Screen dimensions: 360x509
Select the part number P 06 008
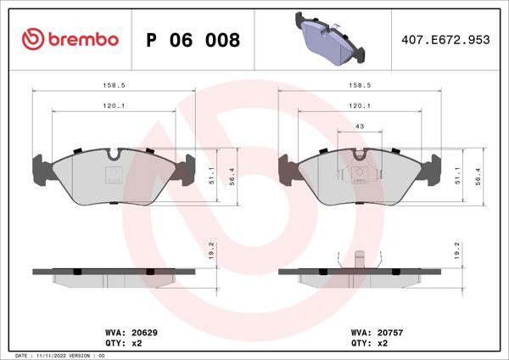[193, 40]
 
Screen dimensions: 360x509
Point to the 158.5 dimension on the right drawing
[361, 86]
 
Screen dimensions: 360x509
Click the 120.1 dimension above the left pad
[113, 106]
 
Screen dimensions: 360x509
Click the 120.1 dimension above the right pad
[361, 106]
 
